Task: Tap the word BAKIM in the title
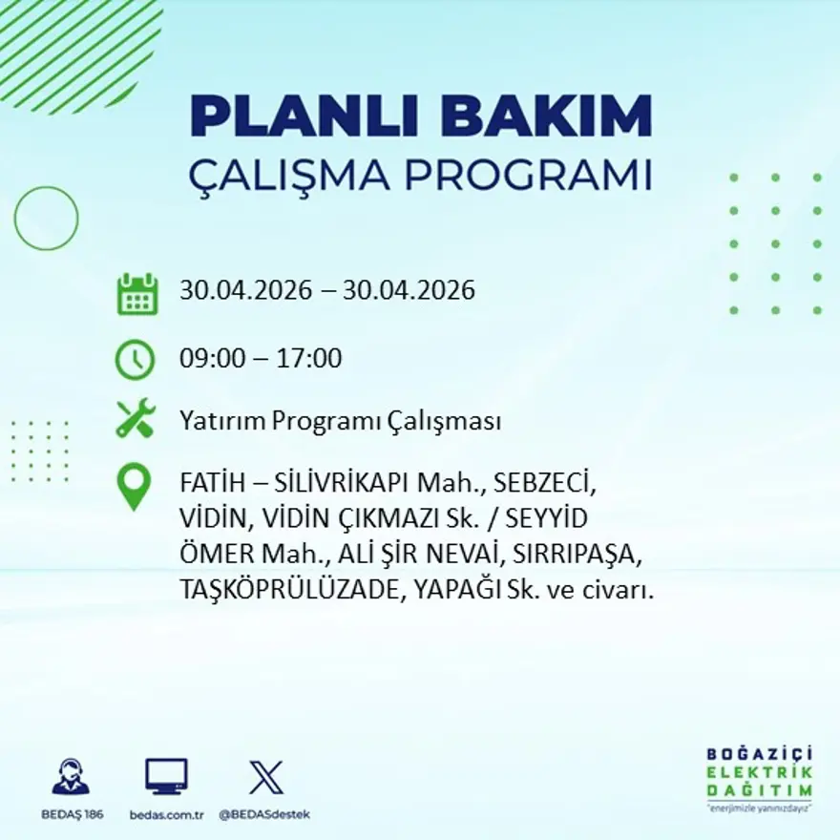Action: coord(546,116)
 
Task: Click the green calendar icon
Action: coord(137,294)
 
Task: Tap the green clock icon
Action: coord(135,360)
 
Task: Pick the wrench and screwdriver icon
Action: coord(136,418)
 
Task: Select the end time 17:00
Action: coord(309,358)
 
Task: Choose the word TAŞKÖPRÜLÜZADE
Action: coord(289,590)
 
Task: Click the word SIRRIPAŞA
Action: coord(577,555)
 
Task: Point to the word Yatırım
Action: coord(222,421)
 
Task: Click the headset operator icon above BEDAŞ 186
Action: coord(72,776)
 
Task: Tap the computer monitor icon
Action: coord(167,776)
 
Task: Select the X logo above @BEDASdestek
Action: coord(266,777)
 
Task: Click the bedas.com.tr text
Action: coord(167,815)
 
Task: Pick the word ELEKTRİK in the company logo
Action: coord(759,773)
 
